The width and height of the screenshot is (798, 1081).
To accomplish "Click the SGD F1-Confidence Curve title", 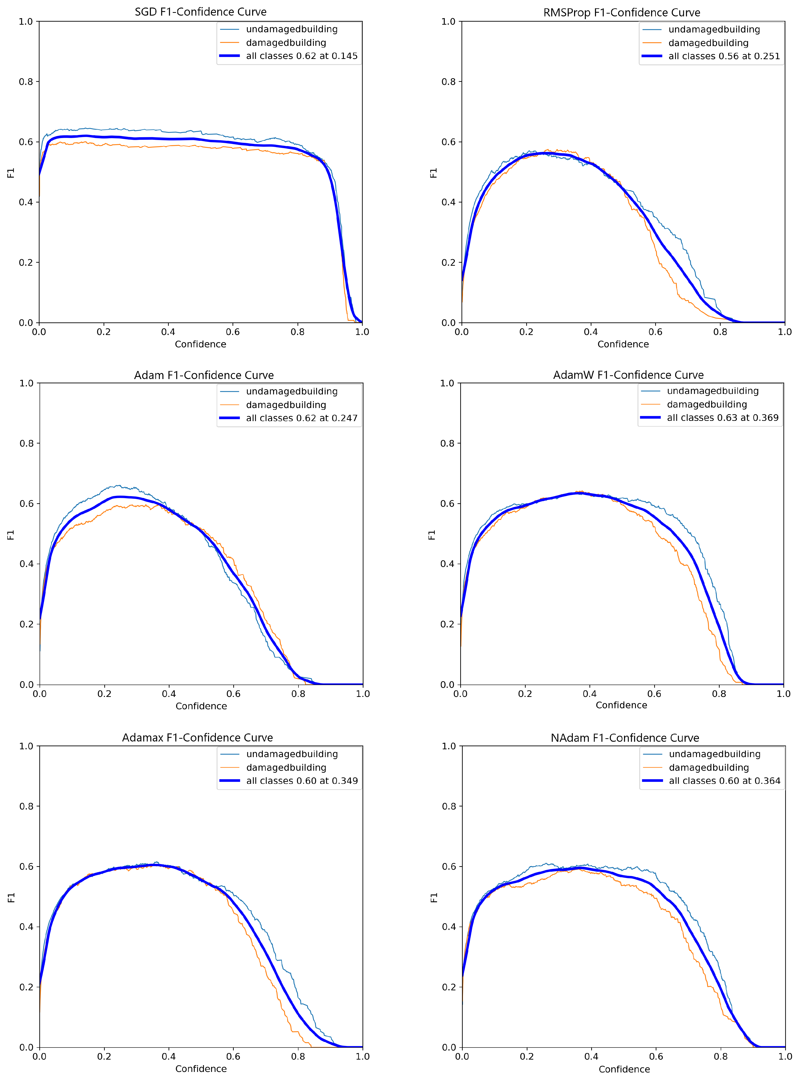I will point(201,12).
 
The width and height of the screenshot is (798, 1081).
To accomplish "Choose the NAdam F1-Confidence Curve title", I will point(625,738).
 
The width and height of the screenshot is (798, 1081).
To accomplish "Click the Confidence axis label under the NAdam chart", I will point(624,1069).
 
